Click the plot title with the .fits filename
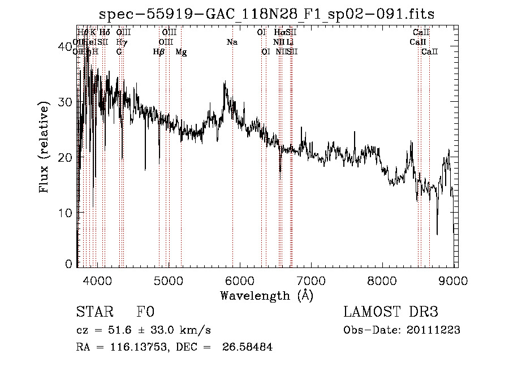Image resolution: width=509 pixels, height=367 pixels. click(267, 14)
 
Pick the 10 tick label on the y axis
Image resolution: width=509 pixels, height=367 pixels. click(67, 213)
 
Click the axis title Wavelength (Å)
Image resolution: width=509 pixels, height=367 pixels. click(267, 295)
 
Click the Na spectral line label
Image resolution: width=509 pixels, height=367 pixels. click(232, 42)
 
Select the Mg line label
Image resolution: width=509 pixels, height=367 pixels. click(181, 52)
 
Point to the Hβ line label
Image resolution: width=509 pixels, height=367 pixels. click(159, 52)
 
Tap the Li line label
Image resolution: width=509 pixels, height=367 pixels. click(290, 42)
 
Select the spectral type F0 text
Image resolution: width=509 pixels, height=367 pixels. click(145, 313)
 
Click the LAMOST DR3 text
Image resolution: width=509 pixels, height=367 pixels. click(391, 313)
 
